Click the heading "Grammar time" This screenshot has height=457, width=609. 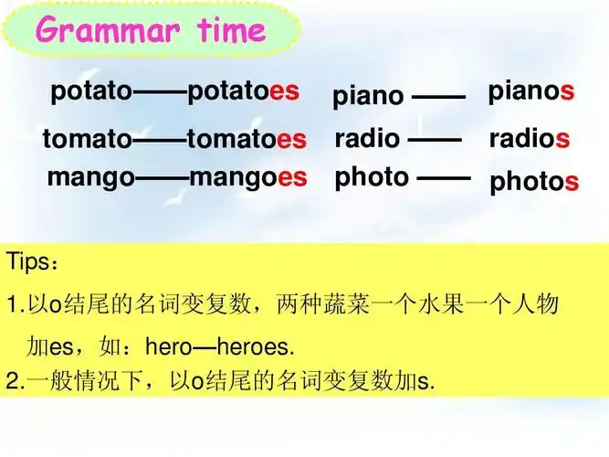click(x=152, y=31)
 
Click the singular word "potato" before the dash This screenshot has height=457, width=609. click(x=91, y=91)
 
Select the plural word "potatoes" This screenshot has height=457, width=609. click(x=243, y=91)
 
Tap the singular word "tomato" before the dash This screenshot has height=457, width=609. click(x=87, y=140)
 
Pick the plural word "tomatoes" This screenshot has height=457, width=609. click(x=247, y=140)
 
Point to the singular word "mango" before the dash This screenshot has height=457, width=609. click(x=90, y=176)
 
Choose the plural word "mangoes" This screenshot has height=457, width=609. click(x=247, y=176)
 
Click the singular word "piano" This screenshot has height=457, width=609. click(x=368, y=96)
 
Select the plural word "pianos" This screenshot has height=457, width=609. click(x=530, y=91)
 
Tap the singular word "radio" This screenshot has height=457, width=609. click(x=367, y=139)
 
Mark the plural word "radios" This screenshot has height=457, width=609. click(x=530, y=139)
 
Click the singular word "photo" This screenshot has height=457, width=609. click(x=372, y=176)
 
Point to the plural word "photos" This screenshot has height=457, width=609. click(x=534, y=182)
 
